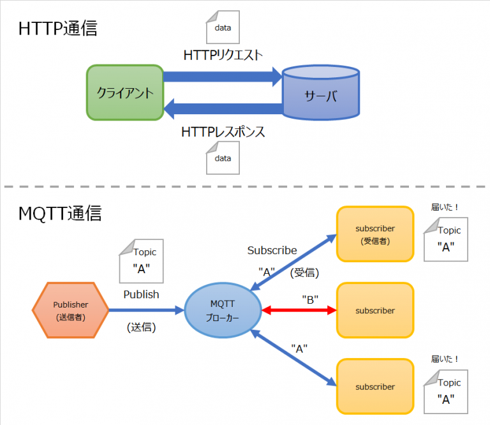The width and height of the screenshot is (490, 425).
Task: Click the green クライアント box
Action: coord(125,93)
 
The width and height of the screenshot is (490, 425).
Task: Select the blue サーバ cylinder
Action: coord(320,93)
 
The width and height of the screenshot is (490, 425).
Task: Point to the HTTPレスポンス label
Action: coord(223,132)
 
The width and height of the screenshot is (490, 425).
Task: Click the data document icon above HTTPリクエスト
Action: coord(223,27)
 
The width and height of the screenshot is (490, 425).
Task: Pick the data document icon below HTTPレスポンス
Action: coord(223,158)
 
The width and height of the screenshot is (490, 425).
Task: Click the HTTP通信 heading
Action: coord(58,29)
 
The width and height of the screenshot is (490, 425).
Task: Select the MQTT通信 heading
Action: coord(60,214)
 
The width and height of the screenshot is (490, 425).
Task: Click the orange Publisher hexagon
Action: coord(71,311)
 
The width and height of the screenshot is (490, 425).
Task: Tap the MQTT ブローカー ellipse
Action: coord(223,311)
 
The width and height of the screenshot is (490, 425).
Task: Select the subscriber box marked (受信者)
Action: coord(375,234)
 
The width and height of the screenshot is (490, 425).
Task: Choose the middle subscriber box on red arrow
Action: coord(375,311)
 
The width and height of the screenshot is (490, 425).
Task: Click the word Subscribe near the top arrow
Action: coord(272,250)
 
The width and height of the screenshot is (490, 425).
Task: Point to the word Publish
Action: coord(142,295)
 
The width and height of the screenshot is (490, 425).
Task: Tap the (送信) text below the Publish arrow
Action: coord(142,327)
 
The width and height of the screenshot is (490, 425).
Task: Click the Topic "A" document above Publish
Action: coord(141,261)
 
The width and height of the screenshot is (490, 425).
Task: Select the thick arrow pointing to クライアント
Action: coord(223,109)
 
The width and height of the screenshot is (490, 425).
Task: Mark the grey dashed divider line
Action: coord(245,187)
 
